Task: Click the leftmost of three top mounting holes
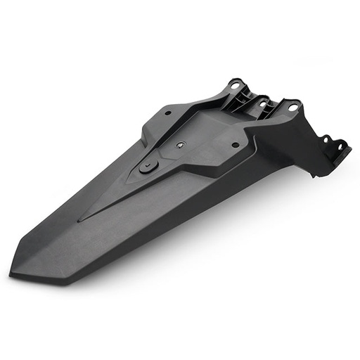click(233, 85)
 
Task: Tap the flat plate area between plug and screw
click(165, 155)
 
